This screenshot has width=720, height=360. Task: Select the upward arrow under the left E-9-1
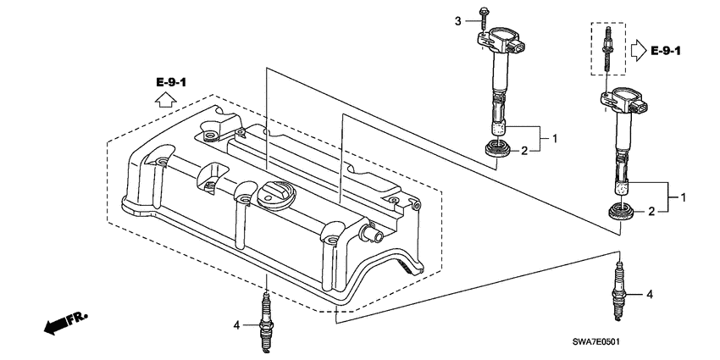(x=166, y=100)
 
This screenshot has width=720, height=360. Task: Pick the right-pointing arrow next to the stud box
(x=636, y=52)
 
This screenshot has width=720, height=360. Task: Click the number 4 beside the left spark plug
(x=238, y=324)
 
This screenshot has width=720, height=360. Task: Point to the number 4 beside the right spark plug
(x=650, y=295)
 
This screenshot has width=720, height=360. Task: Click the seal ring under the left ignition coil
(x=496, y=151)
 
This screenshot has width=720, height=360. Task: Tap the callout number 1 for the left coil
(x=555, y=136)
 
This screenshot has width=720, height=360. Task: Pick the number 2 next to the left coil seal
(x=524, y=151)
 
